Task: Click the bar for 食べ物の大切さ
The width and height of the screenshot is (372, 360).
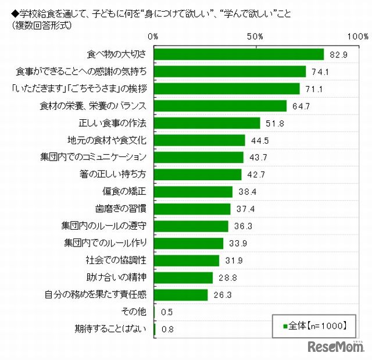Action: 238,54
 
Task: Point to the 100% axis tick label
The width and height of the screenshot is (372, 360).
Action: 355,37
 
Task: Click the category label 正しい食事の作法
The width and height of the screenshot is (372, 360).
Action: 112,123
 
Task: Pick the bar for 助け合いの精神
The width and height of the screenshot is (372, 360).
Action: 183,277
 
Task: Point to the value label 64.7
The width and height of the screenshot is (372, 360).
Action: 300,106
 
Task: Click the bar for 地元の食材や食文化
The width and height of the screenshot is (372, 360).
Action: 199,140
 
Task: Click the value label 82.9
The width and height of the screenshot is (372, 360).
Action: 337,55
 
